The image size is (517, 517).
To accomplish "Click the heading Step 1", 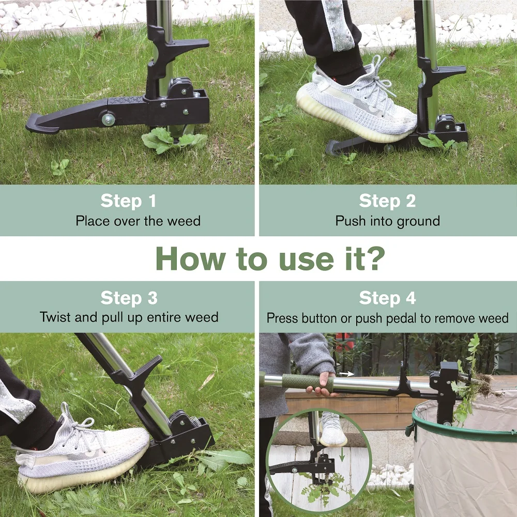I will click(128, 201).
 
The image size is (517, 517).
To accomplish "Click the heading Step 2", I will click(387, 201).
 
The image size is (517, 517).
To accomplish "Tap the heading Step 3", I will click(129, 298).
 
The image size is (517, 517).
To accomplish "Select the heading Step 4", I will click(387, 298).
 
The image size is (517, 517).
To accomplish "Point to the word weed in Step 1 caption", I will click(184, 221).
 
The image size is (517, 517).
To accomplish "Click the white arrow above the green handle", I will click(347, 373).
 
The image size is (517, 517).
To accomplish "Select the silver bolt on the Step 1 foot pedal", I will click(109, 119).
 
